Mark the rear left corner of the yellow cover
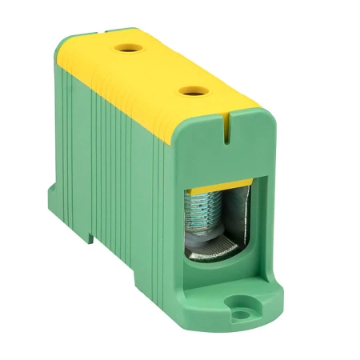pos(67,44)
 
